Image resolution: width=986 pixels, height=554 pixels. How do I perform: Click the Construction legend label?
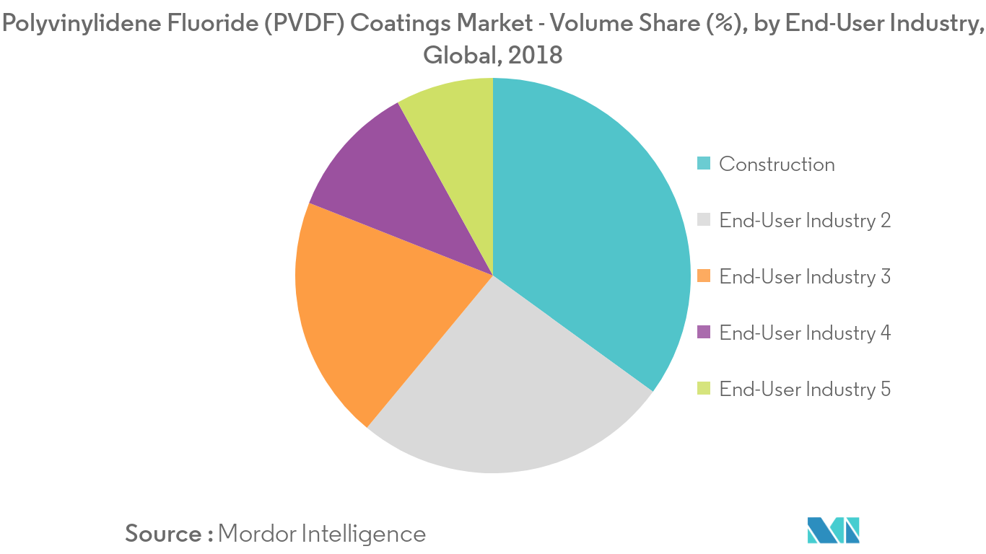[x=777, y=164]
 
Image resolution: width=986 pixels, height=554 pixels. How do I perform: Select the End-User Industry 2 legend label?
[x=805, y=221]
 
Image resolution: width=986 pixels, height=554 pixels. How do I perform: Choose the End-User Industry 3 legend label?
[x=805, y=277]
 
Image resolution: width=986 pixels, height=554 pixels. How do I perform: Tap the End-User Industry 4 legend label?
[x=805, y=333]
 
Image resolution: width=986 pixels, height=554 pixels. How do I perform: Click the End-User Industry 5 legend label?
[x=805, y=390]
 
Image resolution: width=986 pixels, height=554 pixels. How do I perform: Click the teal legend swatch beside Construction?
[x=704, y=164]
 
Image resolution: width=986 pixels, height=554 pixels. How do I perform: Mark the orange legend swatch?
[x=704, y=277]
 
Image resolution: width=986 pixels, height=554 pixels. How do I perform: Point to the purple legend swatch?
[x=704, y=333]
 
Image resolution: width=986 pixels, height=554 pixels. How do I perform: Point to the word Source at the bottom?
[x=164, y=534]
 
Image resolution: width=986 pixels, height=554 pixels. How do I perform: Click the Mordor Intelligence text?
[x=322, y=534]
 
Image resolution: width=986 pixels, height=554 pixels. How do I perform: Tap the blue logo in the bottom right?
[x=834, y=530]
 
